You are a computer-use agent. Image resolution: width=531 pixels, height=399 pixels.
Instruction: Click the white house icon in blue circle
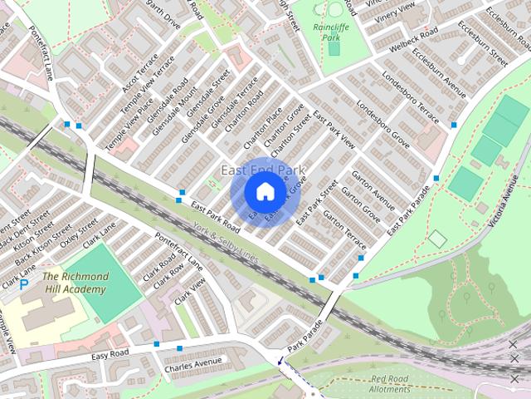point(264,192)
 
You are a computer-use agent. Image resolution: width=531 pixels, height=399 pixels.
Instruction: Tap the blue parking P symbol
point(24,284)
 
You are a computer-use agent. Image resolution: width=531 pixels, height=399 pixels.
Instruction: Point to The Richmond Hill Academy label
point(74,283)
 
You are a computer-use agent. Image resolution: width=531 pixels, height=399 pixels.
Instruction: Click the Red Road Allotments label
point(389,383)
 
